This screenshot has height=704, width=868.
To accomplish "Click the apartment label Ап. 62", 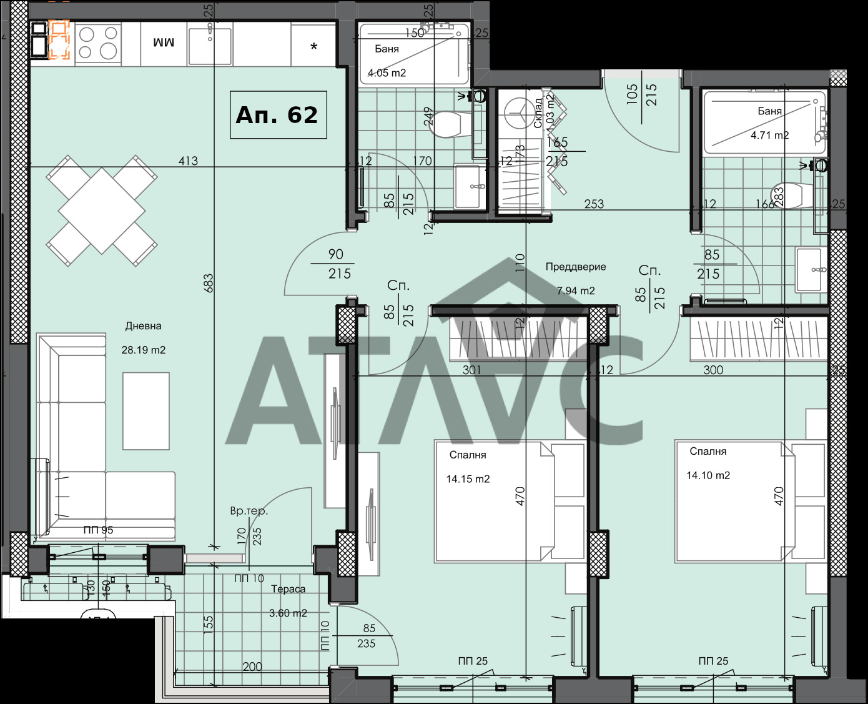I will pos(277,115).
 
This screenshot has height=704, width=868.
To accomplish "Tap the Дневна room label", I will pos(143,326).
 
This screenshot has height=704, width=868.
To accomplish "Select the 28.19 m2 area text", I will pos(143,350).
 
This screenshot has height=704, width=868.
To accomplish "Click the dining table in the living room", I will pos(102,211).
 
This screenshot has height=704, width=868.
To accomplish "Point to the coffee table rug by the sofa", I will pos(146,410).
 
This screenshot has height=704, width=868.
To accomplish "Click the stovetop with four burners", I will pos(98,42).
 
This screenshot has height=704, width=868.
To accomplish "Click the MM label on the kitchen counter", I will pos(164,42).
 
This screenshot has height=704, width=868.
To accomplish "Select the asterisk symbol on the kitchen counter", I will pos(314,47).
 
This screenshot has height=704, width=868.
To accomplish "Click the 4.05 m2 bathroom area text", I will pos(387,73).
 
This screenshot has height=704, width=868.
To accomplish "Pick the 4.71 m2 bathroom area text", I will pos(769,135).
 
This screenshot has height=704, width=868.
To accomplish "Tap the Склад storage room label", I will pos(538,112).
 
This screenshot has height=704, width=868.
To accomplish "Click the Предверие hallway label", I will pos(576,267).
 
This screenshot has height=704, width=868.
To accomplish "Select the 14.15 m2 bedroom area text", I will pos(468,479).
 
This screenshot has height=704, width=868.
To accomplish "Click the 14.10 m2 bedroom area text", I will pos(708,475).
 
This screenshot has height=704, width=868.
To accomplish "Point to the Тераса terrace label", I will pos(288,589).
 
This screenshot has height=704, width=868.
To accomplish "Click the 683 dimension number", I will pos(208,283).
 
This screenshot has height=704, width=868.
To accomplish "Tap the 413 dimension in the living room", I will pos(188,161).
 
